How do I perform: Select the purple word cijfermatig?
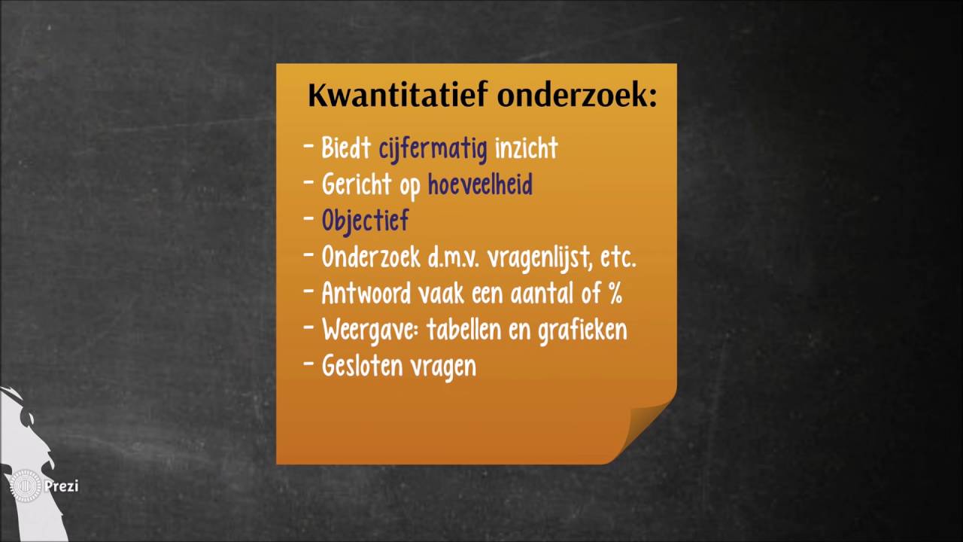pos(433,148)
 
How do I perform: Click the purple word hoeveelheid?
pos(480,184)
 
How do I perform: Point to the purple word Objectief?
pos(365,221)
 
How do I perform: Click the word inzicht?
pos(526,148)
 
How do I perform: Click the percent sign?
pos(615,294)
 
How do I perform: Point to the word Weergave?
pos(368,330)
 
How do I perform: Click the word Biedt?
pos(347,148)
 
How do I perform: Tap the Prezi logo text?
pos(61,486)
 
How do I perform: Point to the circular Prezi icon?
pos(26,486)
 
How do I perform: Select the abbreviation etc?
pos(618,257)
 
